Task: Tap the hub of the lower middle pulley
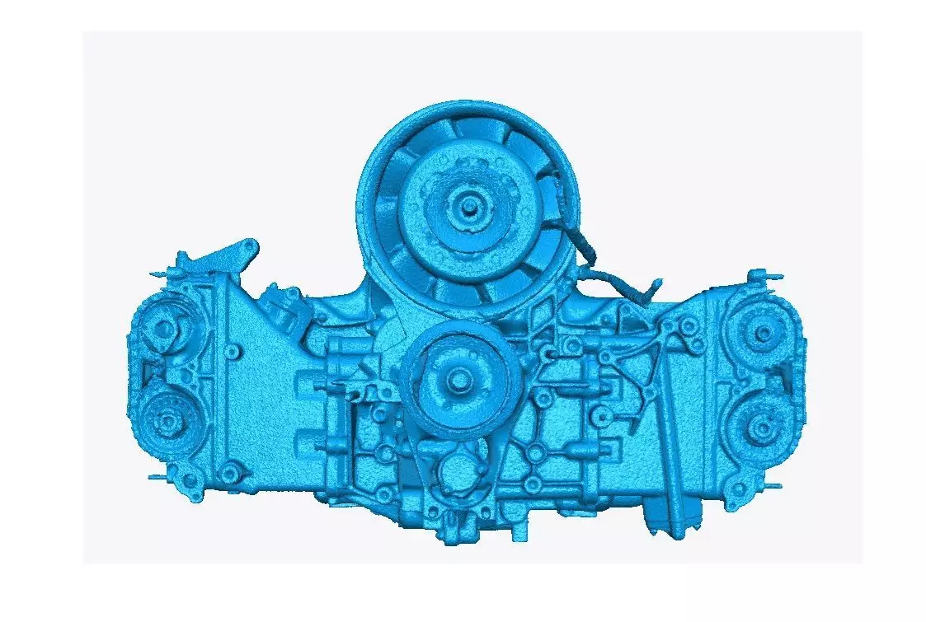(x=458, y=376)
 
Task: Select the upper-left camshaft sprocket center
(x=164, y=330)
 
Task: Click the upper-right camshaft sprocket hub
(x=764, y=332)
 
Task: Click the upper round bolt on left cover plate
(x=233, y=352)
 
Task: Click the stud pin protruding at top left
(x=157, y=274)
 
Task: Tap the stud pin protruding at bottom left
(x=157, y=477)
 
